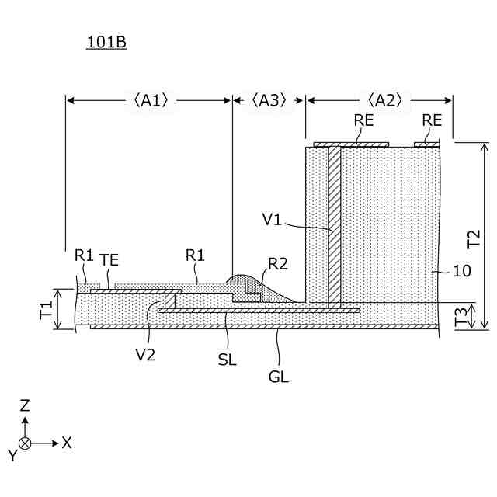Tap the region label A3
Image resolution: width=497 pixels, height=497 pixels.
pos(269,99)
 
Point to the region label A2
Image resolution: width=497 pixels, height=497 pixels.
pos(384,99)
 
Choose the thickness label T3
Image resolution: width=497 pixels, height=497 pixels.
pos(461,316)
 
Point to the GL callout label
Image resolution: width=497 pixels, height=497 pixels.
pos(278,377)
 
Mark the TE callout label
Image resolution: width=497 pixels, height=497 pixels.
pos(109,261)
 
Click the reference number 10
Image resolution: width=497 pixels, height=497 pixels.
pos(461,271)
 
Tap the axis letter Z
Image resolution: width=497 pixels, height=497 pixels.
pos(25,405)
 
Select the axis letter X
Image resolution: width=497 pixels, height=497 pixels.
pos(67,443)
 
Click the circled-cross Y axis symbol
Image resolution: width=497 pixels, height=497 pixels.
pos(25,443)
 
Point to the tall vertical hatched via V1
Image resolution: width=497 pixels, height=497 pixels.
pos(334,225)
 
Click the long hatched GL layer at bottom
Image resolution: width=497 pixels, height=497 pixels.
pos(264,327)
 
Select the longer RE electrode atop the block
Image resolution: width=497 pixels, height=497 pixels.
pos(350,144)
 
